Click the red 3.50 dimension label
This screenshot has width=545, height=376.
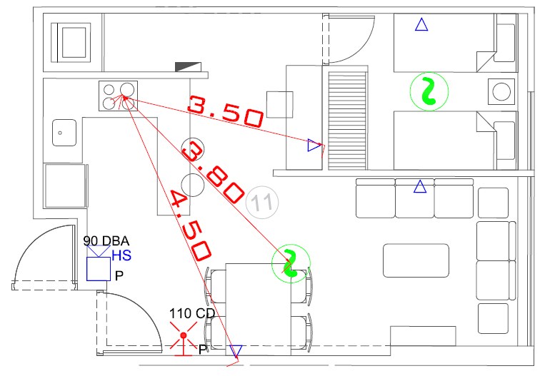point(226,111)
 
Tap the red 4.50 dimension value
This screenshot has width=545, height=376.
point(190,225)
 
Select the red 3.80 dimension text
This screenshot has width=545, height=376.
point(212,173)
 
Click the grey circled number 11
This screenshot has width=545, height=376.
point(262,203)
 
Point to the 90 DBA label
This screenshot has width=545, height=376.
point(106,241)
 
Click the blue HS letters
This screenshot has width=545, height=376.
point(121,255)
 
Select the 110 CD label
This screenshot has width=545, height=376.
point(192,313)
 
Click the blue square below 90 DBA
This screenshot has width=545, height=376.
point(99,269)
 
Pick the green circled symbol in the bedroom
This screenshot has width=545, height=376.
point(429,91)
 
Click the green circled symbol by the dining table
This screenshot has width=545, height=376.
point(291,263)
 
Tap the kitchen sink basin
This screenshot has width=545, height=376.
point(64,133)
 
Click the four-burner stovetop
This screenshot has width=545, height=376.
point(118,96)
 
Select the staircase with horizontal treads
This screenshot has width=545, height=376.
point(348,121)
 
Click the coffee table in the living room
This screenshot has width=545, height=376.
point(416,260)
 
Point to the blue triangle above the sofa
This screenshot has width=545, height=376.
point(420,187)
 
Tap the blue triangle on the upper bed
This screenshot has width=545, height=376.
point(421,25)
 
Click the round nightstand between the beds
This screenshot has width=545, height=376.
point(501,91)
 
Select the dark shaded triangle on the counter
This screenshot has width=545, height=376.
point(188,67)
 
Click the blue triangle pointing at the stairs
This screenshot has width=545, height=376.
point(314,145)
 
